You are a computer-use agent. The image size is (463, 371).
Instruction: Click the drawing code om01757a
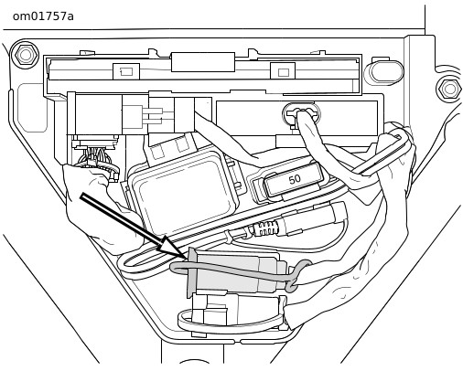pyautogui.click(x=43, y=16)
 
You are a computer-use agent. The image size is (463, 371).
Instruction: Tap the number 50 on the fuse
pyautogui.click(x=295, y=179)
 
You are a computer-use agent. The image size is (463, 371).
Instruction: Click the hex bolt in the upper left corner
pyautogui.click(x=25, y=55)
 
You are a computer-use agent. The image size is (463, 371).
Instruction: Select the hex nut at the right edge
pyautogui.click(x=449, y=89)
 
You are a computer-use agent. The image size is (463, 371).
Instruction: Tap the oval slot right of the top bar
pyautogui.click(x=387, y=72)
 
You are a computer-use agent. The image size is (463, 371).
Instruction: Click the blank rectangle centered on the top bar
pyautogui.click(x=203, y=62)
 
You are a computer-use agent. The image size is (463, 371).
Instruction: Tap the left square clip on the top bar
pyautogui.click(x=126, y=72)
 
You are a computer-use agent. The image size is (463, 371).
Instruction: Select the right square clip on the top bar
pyautogui.click(x=283, y=72)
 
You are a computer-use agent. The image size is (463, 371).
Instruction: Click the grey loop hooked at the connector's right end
pyautogui.click(x=298, y=274)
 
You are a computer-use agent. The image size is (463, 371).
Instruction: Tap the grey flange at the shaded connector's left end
pyautogui.click(x=192, y=272)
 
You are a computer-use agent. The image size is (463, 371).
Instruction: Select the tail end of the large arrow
pyautogui.click(x=81, y=196)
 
